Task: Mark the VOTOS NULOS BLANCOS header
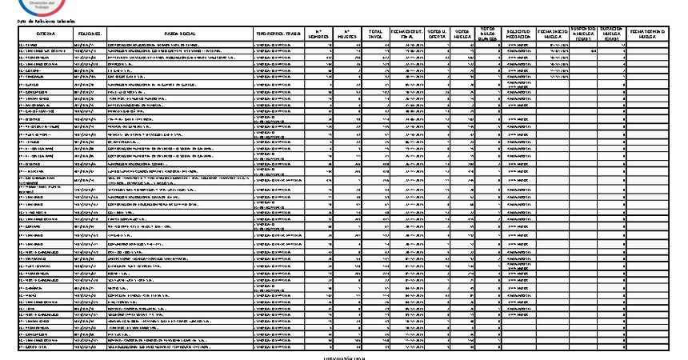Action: point(489,32)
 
